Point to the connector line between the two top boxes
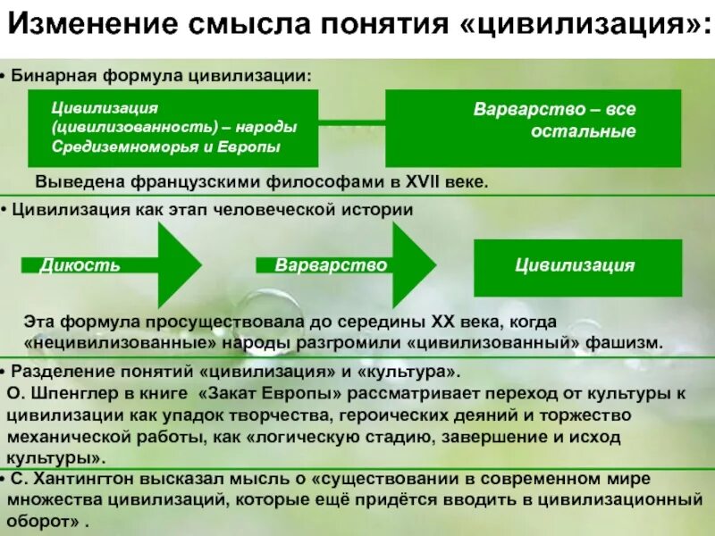point(352,121)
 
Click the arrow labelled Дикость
point(112,265)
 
